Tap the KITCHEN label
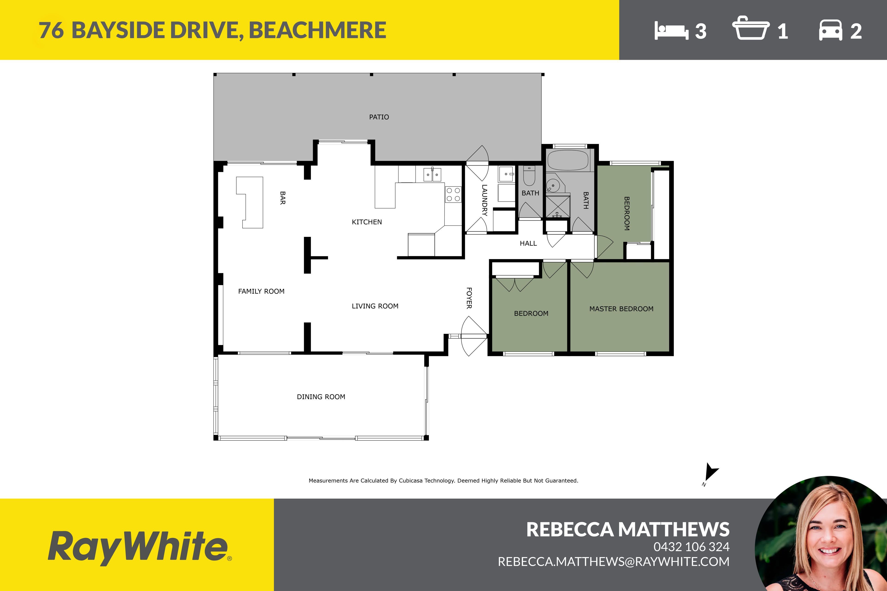(367, 222)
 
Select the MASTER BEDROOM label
(621, 309)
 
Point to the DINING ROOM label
(321, 397)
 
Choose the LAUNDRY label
(485, 200)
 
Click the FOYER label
(469, 298)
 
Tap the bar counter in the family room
(250, 202)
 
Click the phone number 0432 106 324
(691, 546)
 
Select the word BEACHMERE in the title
(318, 30)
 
